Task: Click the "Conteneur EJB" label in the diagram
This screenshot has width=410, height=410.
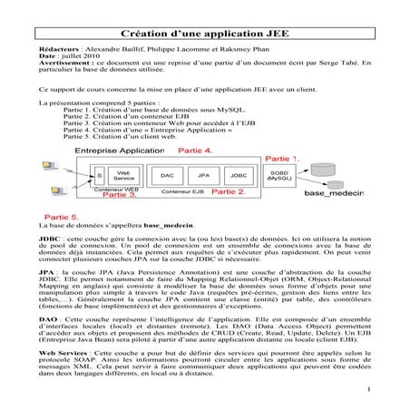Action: (182, 191)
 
